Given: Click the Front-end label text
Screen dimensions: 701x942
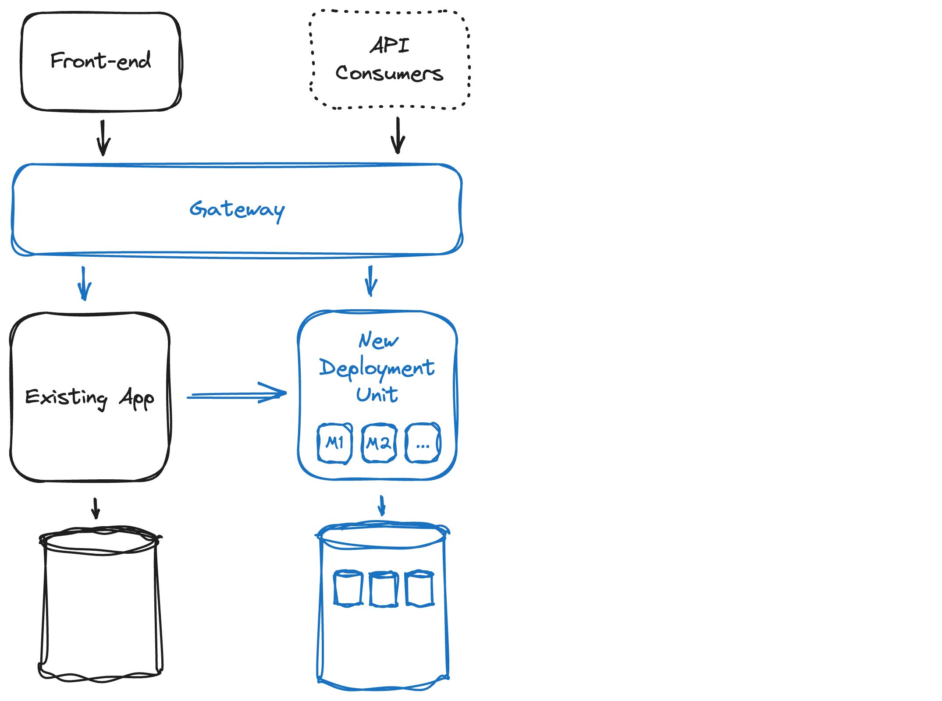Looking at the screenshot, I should click(100, 60).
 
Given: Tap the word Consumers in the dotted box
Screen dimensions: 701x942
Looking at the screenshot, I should click(389, 73).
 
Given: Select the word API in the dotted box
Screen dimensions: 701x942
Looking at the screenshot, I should click(390, 45).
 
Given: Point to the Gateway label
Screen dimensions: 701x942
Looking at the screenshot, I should click(237, 210).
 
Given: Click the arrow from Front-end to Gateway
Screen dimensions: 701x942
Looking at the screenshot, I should click(103, 138).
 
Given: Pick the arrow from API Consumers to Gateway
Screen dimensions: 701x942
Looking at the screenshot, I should click(398, 135).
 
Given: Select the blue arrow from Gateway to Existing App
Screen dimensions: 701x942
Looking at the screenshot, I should click(84, 283).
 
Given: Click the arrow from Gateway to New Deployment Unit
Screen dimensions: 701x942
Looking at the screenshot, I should click(371, 281).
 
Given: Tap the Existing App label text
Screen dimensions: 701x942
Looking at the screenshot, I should click(89, 398).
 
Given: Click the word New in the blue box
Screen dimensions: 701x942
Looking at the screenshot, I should click(378, 340).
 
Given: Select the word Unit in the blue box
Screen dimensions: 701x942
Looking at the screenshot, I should click(377, 394).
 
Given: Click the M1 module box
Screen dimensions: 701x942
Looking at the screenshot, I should click(335, 443).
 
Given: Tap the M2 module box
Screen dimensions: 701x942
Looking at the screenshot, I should click(379, 443).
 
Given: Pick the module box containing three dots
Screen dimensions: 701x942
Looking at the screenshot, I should click(423, 443).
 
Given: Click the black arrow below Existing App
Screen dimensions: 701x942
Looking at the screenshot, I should click(96, 508).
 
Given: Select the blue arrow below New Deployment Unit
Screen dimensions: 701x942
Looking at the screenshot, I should click(382, 506).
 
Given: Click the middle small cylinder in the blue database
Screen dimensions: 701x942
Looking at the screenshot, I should click(384, 589).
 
